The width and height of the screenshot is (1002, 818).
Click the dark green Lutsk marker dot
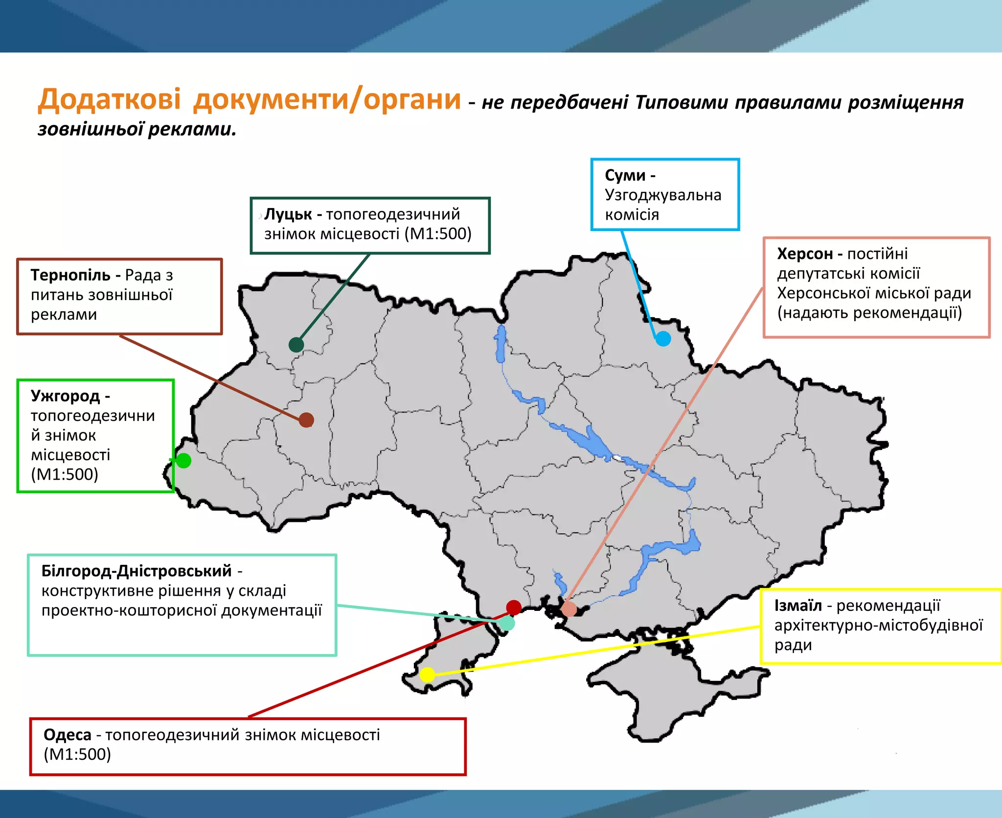pyautogui.click(x=296, y=345)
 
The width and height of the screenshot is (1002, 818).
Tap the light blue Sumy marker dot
pyautogui.click(x=663, y=338)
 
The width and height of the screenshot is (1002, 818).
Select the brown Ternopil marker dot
pyautogui.click(x=306, y=420)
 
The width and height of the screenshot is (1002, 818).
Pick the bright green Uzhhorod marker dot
pyautogui.click(x=183, y=461)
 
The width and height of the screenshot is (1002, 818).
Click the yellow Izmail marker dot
pyautogui.click(x=428, y=675)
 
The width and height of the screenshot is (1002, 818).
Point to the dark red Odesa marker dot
pyautogui.click(x=514, y=608)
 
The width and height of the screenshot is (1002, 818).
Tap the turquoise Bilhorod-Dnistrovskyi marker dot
pyautogui.click(x=507, y=623)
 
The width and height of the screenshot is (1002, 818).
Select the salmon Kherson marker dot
pyautogui.click(x=569, y=609)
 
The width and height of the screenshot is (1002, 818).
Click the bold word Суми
pyautogui.click(x=625, y=175)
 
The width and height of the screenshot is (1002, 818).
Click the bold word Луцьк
pyautogui.click(x=288, y=214)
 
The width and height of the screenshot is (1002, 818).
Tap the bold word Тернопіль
pyautogui.click(x=70, y=275)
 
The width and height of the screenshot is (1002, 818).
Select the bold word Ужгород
pyautogui.click(x=65, y=396)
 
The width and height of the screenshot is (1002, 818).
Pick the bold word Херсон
pyautogui.click(x=805, y=254)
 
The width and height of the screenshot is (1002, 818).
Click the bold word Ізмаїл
pyautogui.click(x=797, y=606)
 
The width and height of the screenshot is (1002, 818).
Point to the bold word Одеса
pyautogui.click(x=68, y=735)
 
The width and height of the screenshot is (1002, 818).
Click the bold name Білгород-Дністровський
pyautogui.click(x=137, y=571)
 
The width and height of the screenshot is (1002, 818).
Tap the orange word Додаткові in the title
pyautogui.click(x=110, y=99)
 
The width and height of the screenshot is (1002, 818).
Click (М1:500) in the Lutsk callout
pyautogui.click(x=438, y=234)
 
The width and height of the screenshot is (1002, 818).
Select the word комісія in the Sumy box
pyautogui.click(x=632, y=214)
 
